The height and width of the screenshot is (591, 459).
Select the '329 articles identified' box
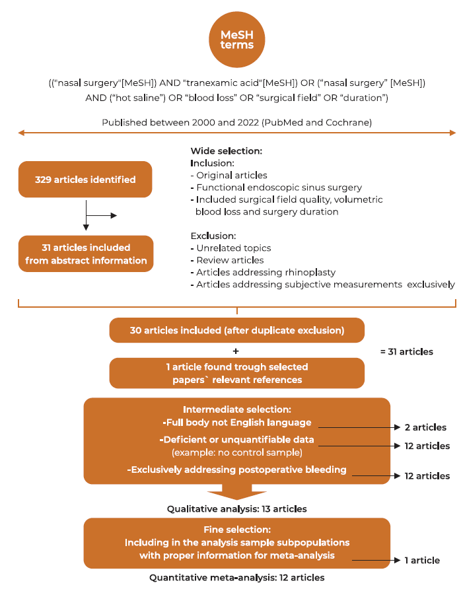(x=85, y=179)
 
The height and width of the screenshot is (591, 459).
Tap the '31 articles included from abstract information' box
(x=86, y=254)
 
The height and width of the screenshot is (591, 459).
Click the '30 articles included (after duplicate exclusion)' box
(x=237, y=330)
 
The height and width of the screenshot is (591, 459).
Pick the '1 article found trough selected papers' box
(x=237, y=372)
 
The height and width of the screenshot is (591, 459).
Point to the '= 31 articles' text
(x=406, y=351)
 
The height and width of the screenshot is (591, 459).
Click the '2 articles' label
(x=425, y=427)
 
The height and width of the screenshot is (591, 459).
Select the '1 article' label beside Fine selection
(x=422, y=560)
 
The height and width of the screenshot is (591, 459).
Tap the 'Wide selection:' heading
(x=227, y=151)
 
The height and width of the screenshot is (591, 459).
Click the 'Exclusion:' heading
(x=213, y=235)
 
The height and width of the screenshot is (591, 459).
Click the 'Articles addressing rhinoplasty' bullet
(x=256, y=272)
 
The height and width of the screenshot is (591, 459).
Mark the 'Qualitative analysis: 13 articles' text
(x=236, y=509)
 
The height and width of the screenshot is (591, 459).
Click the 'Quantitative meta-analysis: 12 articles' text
(x=236, y=578)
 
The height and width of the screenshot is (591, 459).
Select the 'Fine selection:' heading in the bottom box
(x=236, y=530)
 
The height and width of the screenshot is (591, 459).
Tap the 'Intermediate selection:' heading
(x=237, y=409)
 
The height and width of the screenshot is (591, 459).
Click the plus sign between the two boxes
(x=236, y=351)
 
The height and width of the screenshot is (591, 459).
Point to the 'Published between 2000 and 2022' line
(x=236, y=123)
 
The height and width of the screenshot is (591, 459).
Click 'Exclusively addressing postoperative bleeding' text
(x=237, y=469)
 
